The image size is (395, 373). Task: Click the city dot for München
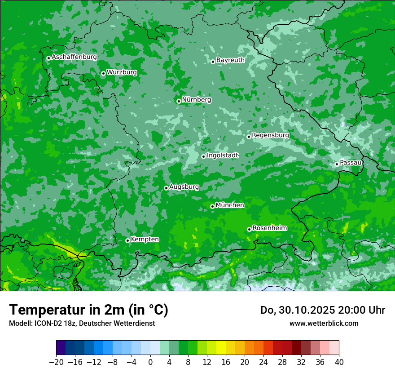[x=212, y=206]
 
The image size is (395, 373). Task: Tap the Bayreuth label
[x=230, y=60]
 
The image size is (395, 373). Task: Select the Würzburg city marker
[x=103, y=73]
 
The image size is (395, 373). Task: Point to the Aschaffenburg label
[x=74, y=57]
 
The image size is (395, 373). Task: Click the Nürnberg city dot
[x=179, y=101]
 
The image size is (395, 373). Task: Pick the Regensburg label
[x=270, y=135]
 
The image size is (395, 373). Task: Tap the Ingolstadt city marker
[x=203, y=156]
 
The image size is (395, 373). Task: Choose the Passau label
[x=351, y=162]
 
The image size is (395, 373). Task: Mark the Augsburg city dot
[x=166, y=188]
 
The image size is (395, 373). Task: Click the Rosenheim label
[x=269, y=228]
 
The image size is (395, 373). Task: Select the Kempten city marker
[x=127, y=240]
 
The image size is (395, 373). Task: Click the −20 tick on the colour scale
[x=57, y=362]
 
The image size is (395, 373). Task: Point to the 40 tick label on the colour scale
[x=339, y=362]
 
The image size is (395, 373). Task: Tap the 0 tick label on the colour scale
[x=150, y=362]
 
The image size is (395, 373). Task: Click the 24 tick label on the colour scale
[x=263, y=362]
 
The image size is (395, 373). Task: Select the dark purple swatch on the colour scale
[x=61, y=348]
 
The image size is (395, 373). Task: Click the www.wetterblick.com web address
[x=324, y=323]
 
